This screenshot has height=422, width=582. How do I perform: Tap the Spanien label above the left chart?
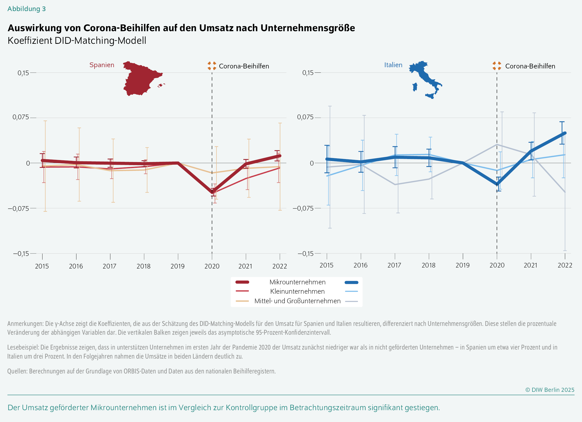[102, 65]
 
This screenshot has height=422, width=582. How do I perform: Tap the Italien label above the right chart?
[393, 65]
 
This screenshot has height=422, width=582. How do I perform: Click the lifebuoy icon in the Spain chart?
[212, 66]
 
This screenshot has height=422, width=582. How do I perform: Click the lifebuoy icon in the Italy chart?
[497, 66]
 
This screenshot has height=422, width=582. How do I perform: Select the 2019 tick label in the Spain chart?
[177, 266]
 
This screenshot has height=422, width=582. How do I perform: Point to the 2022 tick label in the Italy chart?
[565, 265]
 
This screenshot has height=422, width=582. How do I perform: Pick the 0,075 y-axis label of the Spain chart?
[21, 117]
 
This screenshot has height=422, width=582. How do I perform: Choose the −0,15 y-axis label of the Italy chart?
[305, 254]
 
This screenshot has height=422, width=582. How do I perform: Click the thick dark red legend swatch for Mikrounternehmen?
[242, 282]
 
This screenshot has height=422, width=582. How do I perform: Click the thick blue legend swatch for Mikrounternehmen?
[351, 282]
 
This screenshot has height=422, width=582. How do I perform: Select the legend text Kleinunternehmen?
[297, 291]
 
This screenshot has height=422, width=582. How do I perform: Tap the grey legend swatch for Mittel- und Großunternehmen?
[351, 301]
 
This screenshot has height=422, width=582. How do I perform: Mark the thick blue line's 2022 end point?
[565, 133]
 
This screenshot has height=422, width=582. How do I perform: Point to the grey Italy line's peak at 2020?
[497, 144]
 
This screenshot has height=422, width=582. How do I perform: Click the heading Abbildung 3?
[26, 9]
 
